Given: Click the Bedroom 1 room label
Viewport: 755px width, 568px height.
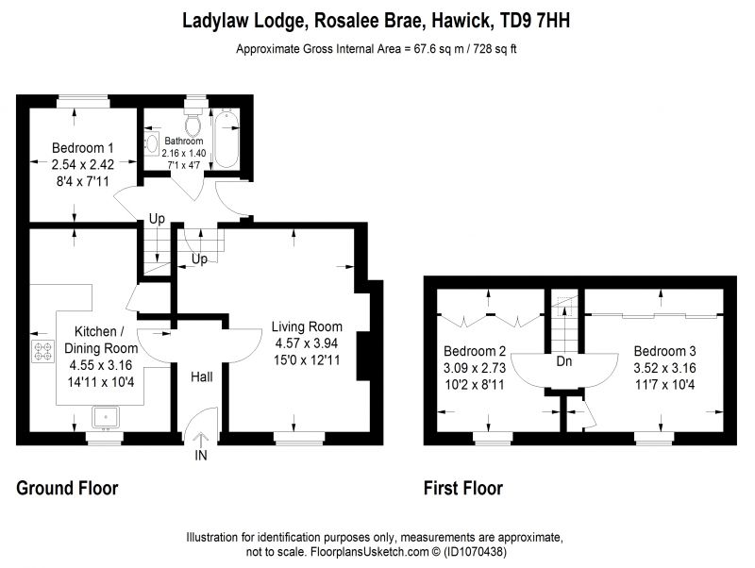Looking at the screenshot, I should [x=82, y=148].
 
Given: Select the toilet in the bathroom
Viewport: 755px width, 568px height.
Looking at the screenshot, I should [x=194, y=125].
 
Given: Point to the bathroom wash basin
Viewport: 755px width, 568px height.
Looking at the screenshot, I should [x=152, y=144].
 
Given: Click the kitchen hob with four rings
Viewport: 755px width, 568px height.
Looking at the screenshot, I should [x=43, y=351].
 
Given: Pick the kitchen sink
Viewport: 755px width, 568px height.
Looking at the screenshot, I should [x=105, y=416].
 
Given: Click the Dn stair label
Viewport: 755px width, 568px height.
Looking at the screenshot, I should [x=564, y=360].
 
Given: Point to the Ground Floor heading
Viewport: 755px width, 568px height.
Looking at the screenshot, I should [x=67, y=489].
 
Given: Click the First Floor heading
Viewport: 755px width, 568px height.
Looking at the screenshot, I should [x=463, y=489].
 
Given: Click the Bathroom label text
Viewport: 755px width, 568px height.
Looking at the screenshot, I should [x=183, y=142].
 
